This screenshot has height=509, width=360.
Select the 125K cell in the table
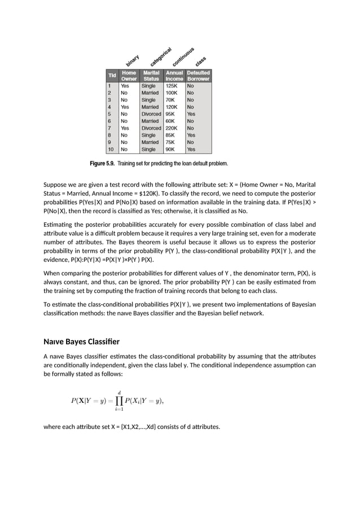click(x=172, y=86)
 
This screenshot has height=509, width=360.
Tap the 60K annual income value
click(x=170, y=121)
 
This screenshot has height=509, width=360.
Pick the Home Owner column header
click(x=129, y=76)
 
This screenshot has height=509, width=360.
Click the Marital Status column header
click(x=151, y=76)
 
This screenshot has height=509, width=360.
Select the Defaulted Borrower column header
click(x=199, y=76)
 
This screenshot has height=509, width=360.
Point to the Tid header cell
click(x=112, y=76)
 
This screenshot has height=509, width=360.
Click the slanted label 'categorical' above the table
click(x=160, y=56)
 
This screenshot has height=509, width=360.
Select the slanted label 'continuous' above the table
click(x=183, y=56)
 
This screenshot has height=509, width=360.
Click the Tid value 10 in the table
click(x=111, y=150)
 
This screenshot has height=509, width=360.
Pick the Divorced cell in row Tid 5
click(x=151, y=114)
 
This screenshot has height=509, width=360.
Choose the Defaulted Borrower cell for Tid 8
click(x=191, y=135)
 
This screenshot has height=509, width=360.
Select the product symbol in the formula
click(x=120, y=401)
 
